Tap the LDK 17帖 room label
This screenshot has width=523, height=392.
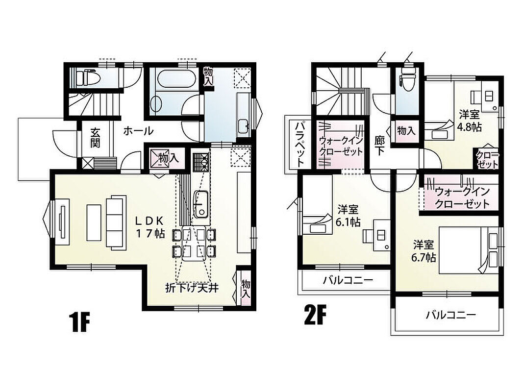pos(150,227)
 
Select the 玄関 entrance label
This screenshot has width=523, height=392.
pos(95,138)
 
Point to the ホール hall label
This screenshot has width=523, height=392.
pos(138,131)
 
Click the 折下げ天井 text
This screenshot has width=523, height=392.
pos(192,287)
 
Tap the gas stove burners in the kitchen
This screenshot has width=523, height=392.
pos(200,162)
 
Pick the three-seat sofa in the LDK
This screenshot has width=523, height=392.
pos(116,222)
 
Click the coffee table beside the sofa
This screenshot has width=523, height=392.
pos(94,222)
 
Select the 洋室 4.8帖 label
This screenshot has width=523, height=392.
pos(470,121)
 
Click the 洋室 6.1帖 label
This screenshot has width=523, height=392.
pos(348,216)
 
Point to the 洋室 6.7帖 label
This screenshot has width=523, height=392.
pos(423,251)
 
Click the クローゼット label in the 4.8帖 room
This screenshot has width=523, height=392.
pos(487,160)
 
